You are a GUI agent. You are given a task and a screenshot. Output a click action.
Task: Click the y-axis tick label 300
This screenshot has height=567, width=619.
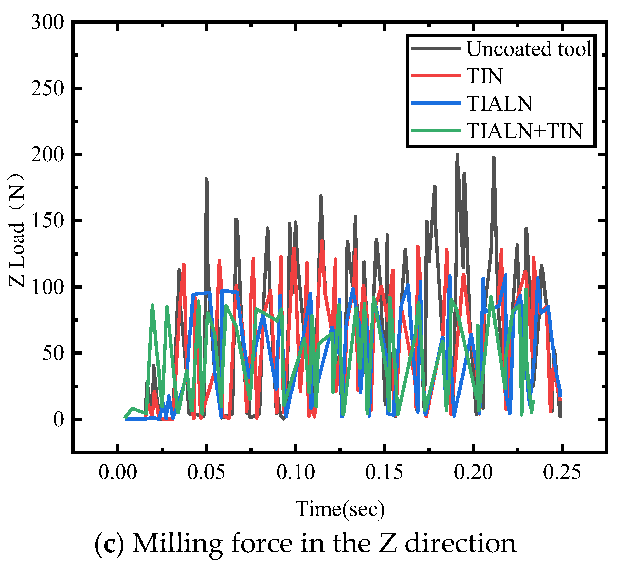point(47,23)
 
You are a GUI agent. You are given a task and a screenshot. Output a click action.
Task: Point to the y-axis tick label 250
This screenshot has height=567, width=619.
point(47,89)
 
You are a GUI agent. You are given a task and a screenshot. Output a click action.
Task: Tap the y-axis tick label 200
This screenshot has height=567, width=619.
point(47,155)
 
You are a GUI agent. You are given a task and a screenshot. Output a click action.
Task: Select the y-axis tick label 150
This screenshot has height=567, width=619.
point(47,221)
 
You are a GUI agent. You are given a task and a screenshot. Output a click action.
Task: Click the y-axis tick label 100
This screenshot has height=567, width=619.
point(47,287)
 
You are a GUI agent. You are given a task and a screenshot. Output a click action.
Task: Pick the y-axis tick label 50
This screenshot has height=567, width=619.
point(53,353)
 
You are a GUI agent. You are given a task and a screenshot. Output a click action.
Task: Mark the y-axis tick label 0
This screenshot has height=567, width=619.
point(58,420)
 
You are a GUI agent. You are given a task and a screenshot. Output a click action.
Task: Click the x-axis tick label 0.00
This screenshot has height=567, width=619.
point(118,473)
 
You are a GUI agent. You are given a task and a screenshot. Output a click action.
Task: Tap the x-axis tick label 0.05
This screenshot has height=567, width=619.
point(206,473)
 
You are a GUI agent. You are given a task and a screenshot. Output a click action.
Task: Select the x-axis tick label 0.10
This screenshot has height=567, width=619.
point(295,473)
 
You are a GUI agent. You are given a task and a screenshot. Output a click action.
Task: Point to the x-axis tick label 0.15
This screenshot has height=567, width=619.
point(384,473)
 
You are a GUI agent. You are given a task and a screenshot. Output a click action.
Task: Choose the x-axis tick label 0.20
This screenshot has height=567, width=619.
point(473,473)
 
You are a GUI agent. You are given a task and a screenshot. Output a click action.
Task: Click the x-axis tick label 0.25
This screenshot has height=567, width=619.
point(562,473)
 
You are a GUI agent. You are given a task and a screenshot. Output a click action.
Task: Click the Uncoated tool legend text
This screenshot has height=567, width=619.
point(529,49)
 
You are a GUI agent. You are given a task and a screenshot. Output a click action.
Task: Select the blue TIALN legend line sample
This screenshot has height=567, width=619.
point(435,103)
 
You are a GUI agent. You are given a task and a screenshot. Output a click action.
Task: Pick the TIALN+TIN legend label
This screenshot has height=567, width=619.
point(524,131)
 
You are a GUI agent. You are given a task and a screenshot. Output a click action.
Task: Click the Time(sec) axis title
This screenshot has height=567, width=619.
point(340,509)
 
